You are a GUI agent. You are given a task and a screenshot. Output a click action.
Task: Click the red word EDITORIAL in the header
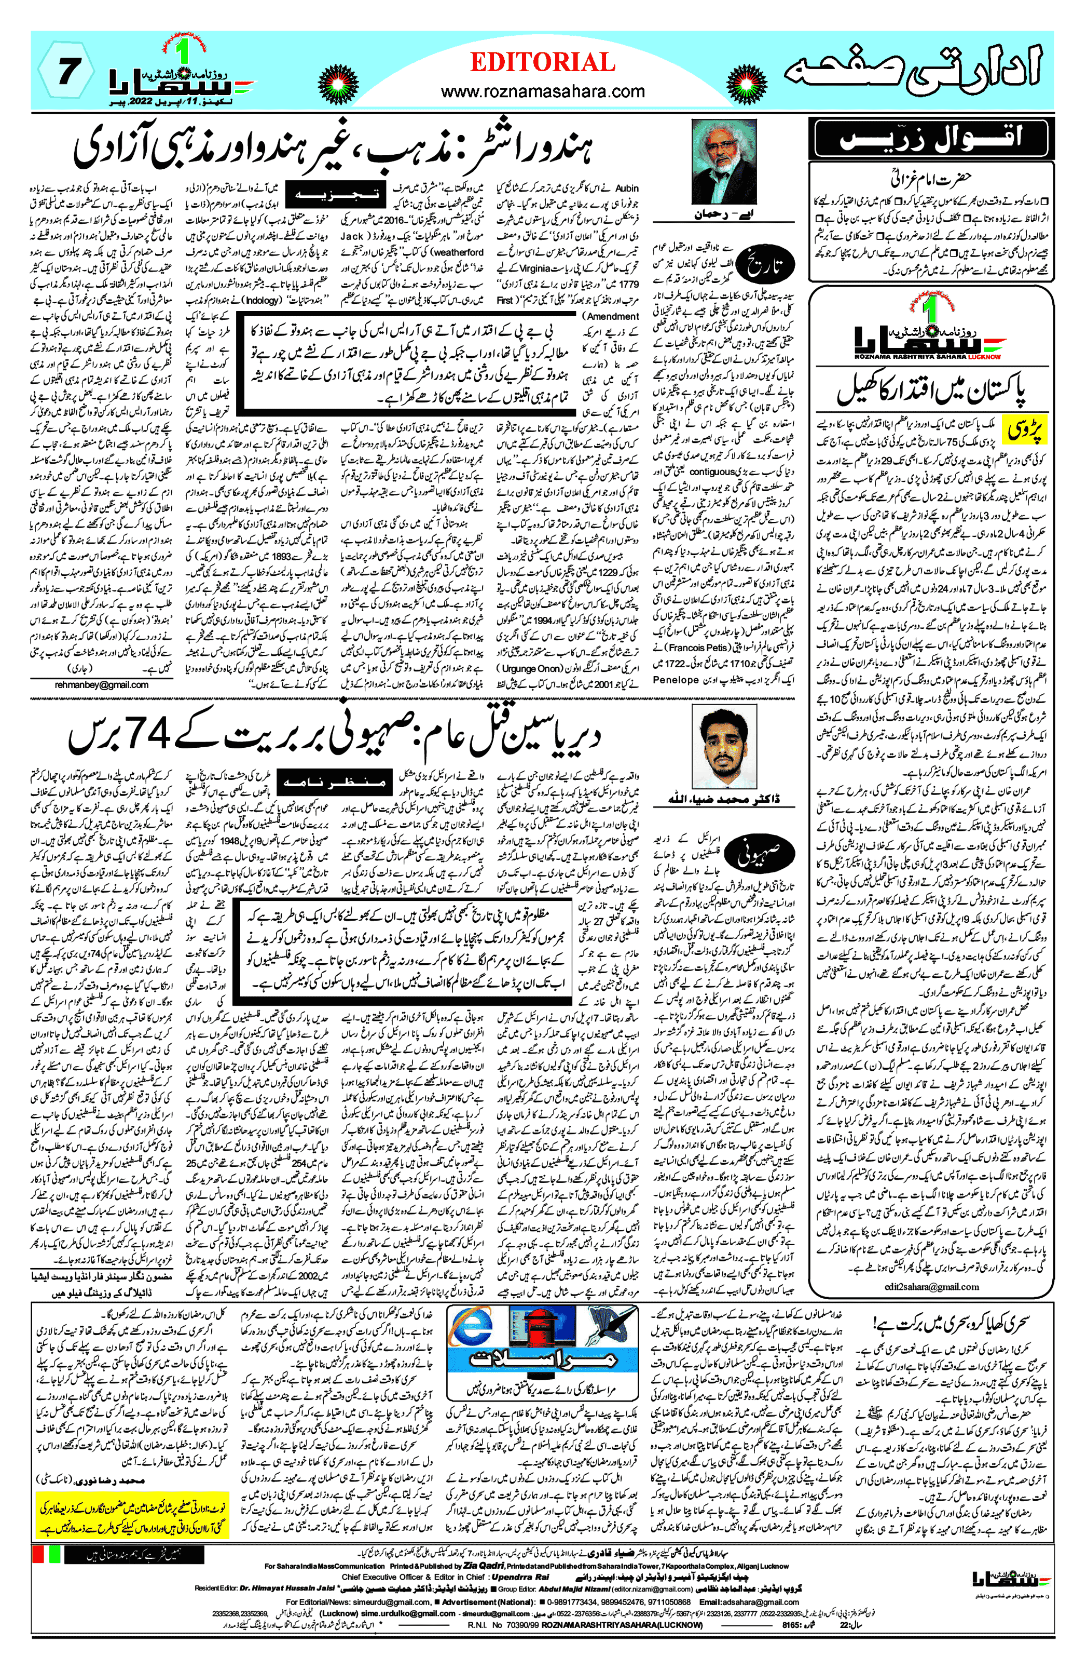(x=542, y=62)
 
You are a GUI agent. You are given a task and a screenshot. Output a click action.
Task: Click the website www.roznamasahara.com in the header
(x=542, y=91)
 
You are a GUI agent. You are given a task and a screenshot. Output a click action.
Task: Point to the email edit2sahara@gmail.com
(x=931, y=1286)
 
